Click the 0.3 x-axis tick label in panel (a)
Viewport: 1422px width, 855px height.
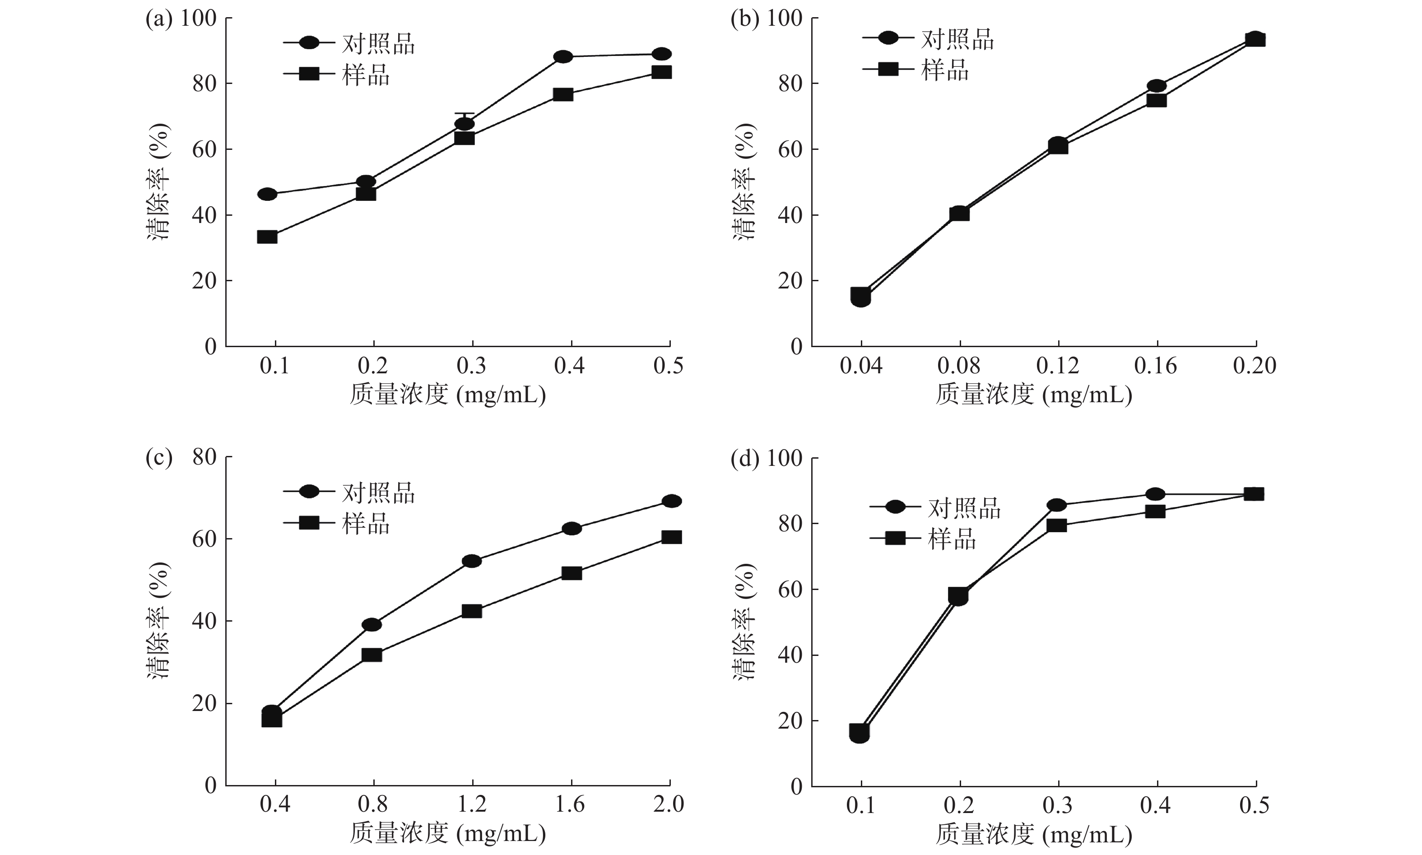pos(471,366)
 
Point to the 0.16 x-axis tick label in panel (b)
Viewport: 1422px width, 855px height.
pos(1156,366)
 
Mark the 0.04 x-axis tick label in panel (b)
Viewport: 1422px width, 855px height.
pos(861,366)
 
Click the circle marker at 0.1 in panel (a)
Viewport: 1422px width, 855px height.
pos(267,194)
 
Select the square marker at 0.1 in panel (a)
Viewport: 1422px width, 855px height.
pos(267,237)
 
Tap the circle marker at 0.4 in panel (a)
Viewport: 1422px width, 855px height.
pos(563,56)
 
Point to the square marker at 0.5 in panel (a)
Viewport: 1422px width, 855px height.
pos(661,72)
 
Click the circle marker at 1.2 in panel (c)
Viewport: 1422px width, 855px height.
pos(471,561)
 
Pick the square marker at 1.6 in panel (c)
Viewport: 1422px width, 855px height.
pos(571,573)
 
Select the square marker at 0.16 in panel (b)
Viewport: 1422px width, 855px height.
pos(1156,100)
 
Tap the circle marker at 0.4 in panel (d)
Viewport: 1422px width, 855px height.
pos(1155,494)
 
